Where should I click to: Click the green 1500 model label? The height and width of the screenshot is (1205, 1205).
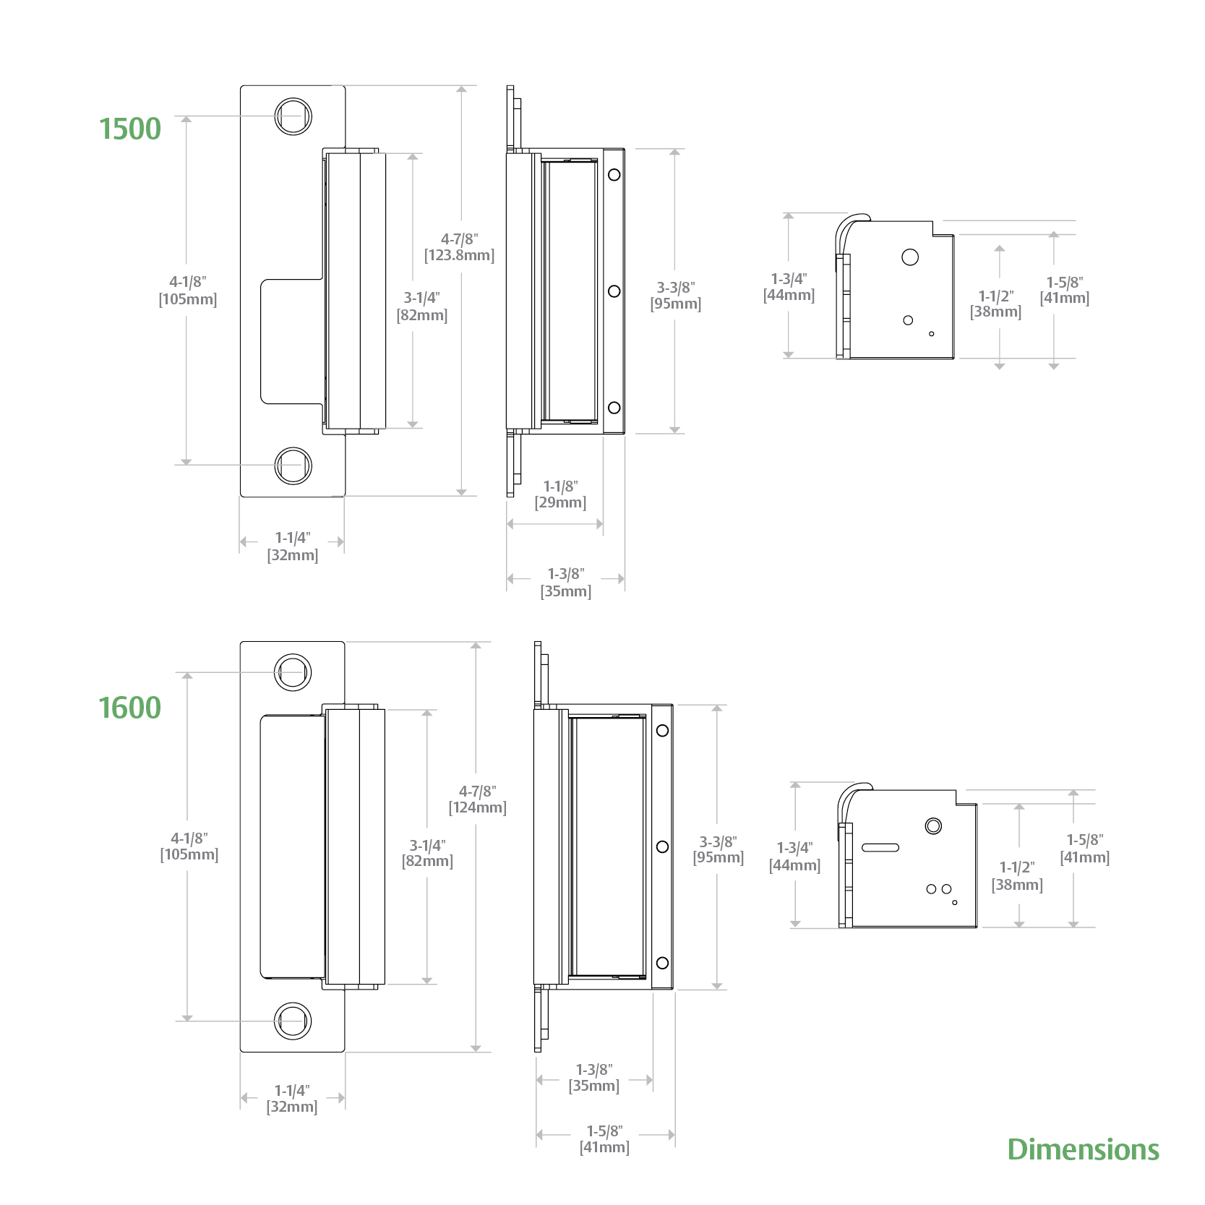point(130,129)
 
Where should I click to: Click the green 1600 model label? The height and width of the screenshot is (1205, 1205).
point(130,708)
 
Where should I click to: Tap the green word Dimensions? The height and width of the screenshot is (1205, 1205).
point(1083,1149)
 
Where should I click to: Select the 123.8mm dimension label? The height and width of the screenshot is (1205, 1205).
point(459,255)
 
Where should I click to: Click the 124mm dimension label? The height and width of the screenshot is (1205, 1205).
point(477,807)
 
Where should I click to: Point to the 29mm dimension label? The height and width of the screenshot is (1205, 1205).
point(560,502)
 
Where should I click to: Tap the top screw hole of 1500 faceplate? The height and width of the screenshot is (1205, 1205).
point(293,116)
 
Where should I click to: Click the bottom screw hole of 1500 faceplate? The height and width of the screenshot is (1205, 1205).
point(293,465)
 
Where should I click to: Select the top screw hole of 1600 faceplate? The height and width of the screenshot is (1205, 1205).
point(293,672)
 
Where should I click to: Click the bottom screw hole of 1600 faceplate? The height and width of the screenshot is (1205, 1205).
point(293,1021)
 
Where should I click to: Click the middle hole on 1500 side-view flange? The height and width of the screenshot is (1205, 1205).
point(614,291)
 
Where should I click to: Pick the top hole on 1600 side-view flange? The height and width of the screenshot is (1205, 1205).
point(662,730)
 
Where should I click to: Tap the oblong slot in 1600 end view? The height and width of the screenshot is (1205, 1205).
point(880,847)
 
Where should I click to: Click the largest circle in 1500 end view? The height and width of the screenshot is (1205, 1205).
point(910,257)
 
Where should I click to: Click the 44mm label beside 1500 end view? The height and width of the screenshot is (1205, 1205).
point(789,295)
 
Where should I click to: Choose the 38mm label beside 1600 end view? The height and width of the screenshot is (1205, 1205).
point(1017,885)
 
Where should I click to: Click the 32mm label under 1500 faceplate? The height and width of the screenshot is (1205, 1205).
point(293,555)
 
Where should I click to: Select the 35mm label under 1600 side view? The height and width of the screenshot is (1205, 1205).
point(593,1086)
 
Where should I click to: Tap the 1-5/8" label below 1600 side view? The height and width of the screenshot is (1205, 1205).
point(604,1131)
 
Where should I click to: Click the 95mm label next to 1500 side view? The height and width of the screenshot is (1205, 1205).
point(675,304)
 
